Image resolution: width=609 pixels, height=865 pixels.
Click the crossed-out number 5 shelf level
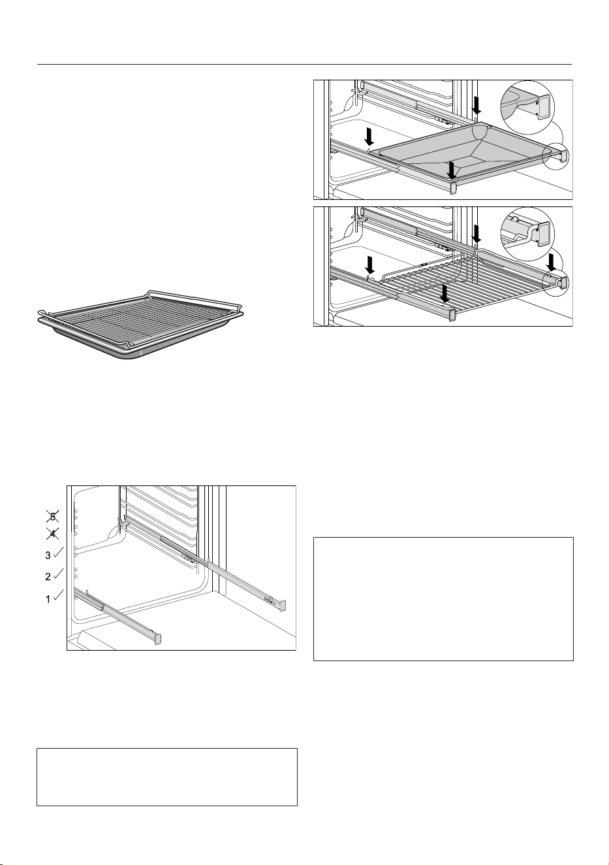pos(53,516)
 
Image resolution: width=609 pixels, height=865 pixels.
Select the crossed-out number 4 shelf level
pos(53,534)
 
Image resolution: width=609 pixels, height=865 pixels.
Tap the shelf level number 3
pos(48,556)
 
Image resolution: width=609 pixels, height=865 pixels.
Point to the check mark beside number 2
pos(58,574)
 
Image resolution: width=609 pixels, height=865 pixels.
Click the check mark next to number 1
pos(58,595)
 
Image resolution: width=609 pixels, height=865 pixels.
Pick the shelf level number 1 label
pos(48,600)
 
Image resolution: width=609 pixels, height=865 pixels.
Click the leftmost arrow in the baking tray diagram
pos(369,137)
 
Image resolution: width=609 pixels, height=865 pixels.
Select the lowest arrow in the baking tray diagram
pos(451,170)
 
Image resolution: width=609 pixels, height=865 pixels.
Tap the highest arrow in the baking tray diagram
pos(476,105)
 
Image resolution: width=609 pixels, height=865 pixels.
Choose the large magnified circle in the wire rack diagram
pos(527,234)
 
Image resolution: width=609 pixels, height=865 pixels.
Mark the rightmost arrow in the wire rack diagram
pos(552,261)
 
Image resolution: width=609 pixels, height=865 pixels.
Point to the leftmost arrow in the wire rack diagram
pos(369,265)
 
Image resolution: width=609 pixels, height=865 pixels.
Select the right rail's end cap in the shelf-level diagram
pos(282,605)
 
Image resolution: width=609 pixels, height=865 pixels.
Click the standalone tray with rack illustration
pos(141,323)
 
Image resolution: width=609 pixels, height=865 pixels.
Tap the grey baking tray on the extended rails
pos(463,151)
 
